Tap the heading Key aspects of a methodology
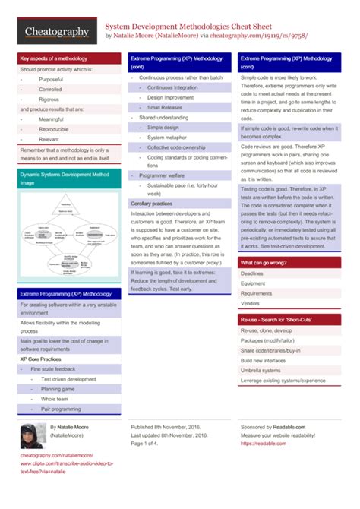tap(53, 58)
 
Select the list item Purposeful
tap(51, 79)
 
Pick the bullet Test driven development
tap(69, 378)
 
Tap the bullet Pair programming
tap(61, 409)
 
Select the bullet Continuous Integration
tap(172, 87)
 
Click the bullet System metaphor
tap(167, 137)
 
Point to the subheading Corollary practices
tap(152, 204)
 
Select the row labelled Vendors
tap(251, 303)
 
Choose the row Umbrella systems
tap(261, 370)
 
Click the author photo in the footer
tap(30, 436)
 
